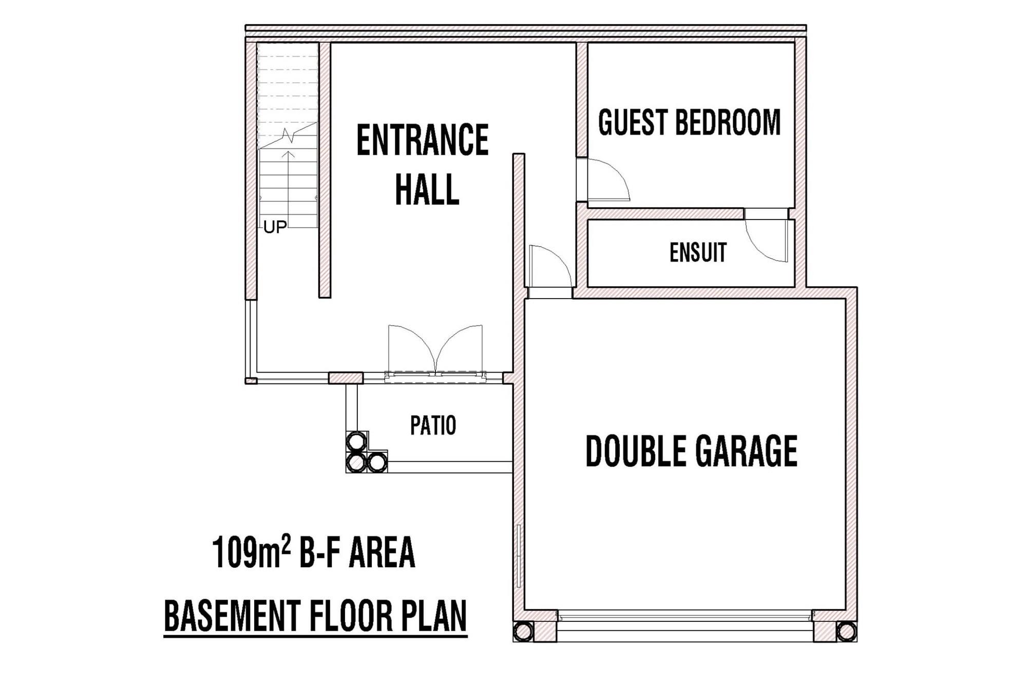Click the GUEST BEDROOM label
point(689,122)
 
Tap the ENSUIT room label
point(698,252)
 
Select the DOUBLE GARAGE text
point(691,451)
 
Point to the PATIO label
point(433,425)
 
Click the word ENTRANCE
point(422,140)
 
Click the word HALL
point(427,190)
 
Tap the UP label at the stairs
point(275,227)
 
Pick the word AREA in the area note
point(382,552)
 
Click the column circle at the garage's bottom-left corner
point(523,632)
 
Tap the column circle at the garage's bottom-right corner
point(846,632)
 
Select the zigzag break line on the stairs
point(288,136)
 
